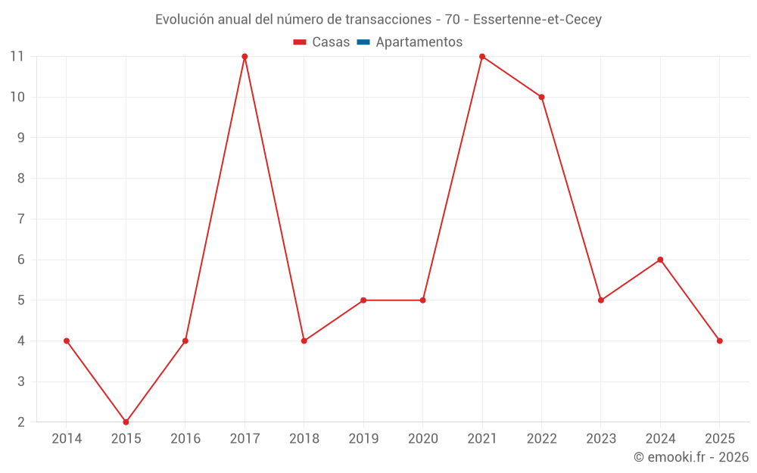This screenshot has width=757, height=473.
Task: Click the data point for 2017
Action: click(x=245, y=57)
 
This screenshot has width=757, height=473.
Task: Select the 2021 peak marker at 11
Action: click(x=482, y=57)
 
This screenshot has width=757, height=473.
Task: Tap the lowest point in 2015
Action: click(x=126, y=422)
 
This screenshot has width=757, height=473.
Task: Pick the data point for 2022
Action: click(x=541, y=97)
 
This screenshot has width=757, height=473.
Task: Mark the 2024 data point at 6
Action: click(x=660, y=260)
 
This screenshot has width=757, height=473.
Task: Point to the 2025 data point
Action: click(x=719, y=341)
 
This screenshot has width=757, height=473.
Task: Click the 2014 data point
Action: click(x=67, y=341)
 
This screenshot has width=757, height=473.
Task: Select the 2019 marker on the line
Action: click(x=363, y=300)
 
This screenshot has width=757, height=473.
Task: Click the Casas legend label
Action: click(x=331, y=42)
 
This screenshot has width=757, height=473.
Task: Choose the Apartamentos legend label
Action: click(x=419, y=42)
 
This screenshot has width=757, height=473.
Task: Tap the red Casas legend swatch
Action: click(x=300, y=42)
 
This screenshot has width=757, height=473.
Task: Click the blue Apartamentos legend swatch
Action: click(x=363, y=42)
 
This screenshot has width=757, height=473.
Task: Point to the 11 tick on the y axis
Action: click(x=17, y=57)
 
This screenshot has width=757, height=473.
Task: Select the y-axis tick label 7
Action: click(x=21, y=219)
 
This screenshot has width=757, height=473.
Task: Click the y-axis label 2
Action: click(x=21, y=422)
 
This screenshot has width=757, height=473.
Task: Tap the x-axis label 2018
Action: click(x=304, y=439)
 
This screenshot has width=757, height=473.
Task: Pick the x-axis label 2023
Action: click(x=600, y=439)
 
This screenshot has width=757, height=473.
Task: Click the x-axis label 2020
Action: click(x=422, y=439)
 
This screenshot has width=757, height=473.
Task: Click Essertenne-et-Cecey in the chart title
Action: click(x=537, y=20)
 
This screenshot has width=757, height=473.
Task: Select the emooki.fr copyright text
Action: click(x=690, y=457)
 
